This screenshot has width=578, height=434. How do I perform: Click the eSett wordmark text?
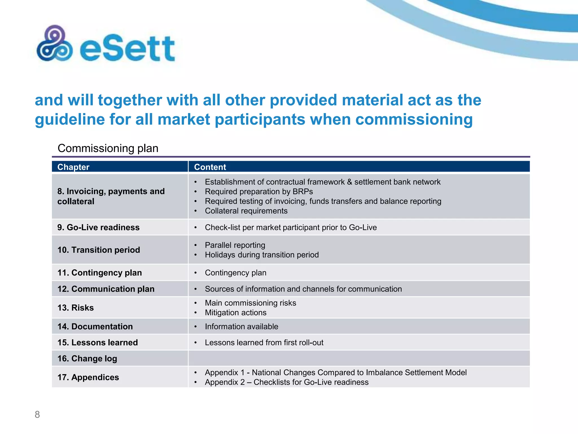pos(128,49)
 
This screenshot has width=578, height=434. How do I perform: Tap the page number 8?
pos(37,415)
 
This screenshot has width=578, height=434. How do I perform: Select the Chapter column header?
pos(73,167)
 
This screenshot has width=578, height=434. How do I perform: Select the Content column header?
pos(210,167)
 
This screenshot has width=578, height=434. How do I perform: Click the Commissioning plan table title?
pos(108,148)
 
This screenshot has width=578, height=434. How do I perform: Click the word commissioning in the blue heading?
pos(414,119)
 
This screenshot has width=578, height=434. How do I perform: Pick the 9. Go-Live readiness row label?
pos(98,227)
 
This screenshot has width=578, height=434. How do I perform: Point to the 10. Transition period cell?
pos(99,250)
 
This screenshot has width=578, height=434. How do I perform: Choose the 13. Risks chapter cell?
pos(76,308)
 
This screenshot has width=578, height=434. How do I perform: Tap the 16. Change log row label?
pos(87,359)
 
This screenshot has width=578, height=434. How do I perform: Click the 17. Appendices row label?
pos(88,377)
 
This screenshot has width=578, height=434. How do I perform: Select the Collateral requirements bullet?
pos(246,211)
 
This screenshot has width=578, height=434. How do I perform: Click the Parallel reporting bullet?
pos(235,245)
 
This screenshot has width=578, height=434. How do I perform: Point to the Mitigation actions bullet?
pos(236,313)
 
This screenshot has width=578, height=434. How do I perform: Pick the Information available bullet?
pos(241,327)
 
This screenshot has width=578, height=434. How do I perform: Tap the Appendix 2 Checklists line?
pos(286,382)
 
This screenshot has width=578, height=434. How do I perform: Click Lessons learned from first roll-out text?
pos(264,343)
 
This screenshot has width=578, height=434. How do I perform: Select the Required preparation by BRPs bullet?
pos(259,192)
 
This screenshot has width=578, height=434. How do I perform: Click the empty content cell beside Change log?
pos(358,359)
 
